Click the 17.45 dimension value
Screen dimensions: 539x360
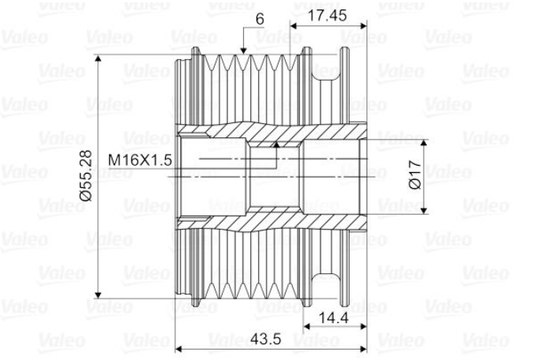327,16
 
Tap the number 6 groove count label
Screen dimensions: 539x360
260,19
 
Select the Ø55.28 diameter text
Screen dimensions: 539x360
85,175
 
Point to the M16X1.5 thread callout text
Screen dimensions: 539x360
140,160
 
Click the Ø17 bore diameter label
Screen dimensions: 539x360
415,174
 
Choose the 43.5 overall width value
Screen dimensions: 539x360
265,339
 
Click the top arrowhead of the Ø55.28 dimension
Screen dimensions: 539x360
98,58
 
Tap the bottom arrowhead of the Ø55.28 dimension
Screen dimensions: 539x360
98,294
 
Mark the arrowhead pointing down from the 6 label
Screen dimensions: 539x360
243,51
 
